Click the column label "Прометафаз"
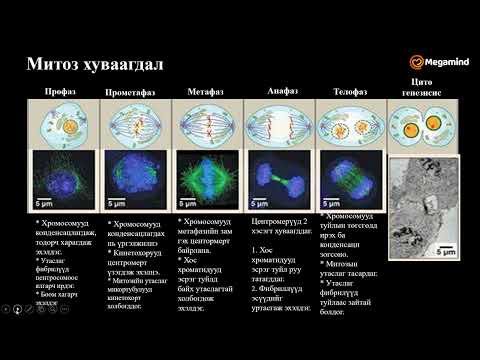click(x=130, y=92)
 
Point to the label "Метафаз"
click(x=205, y=92)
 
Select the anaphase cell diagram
click(x=279, y=126)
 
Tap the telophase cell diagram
click(x=349, y=126)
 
